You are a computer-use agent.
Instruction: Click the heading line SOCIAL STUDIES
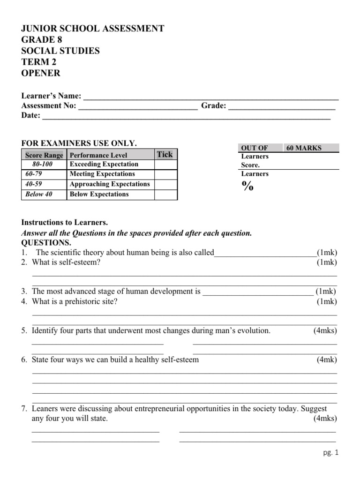point(60,51)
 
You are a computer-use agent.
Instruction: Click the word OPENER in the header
point(41,74)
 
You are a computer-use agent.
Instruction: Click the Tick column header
point(165,154)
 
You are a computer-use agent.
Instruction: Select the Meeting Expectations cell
point(102,174)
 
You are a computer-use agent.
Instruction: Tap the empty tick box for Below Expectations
point(166,194)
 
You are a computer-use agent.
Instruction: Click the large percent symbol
point(247,187)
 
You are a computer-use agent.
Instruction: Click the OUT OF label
point(254,148)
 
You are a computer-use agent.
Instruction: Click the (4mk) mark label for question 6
point(326,360)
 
